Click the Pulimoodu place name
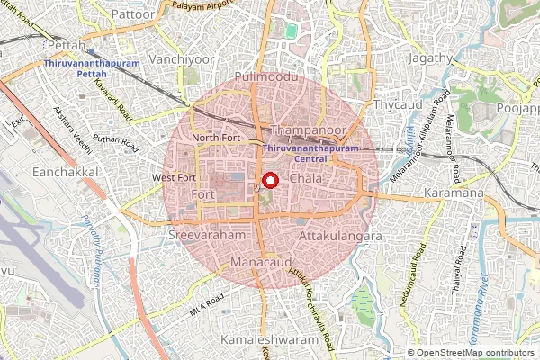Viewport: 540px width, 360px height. pos(258,78)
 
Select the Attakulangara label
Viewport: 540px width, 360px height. pos(339,236)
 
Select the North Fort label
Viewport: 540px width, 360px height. pos(211,137)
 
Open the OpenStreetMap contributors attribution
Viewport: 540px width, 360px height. pos(478,353)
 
